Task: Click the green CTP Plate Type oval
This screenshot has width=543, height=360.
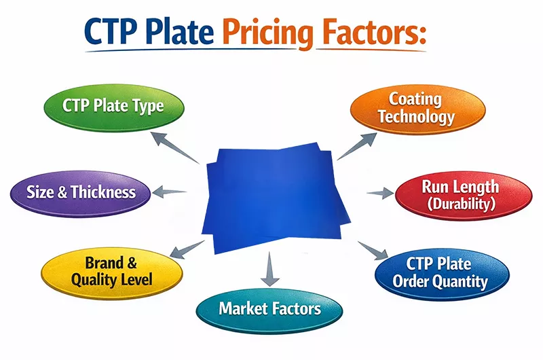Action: [113, 106]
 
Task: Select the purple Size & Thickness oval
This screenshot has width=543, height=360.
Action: [81, 192]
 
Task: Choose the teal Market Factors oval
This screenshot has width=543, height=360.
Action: [269, 309]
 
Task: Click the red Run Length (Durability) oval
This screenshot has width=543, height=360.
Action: [460, 194]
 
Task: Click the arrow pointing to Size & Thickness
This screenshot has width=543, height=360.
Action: [170, 192]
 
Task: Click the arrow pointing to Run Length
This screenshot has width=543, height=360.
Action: [380, 194]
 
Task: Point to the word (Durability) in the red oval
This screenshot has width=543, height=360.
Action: [460, 204]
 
